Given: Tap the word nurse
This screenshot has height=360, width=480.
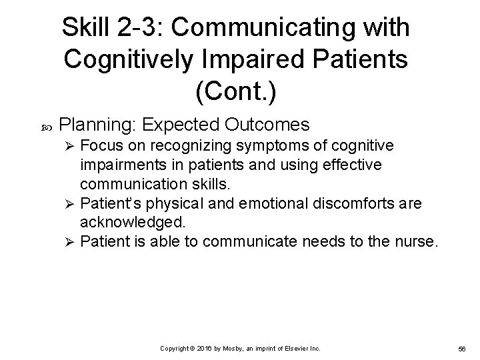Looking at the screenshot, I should click(x=416, y=241).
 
